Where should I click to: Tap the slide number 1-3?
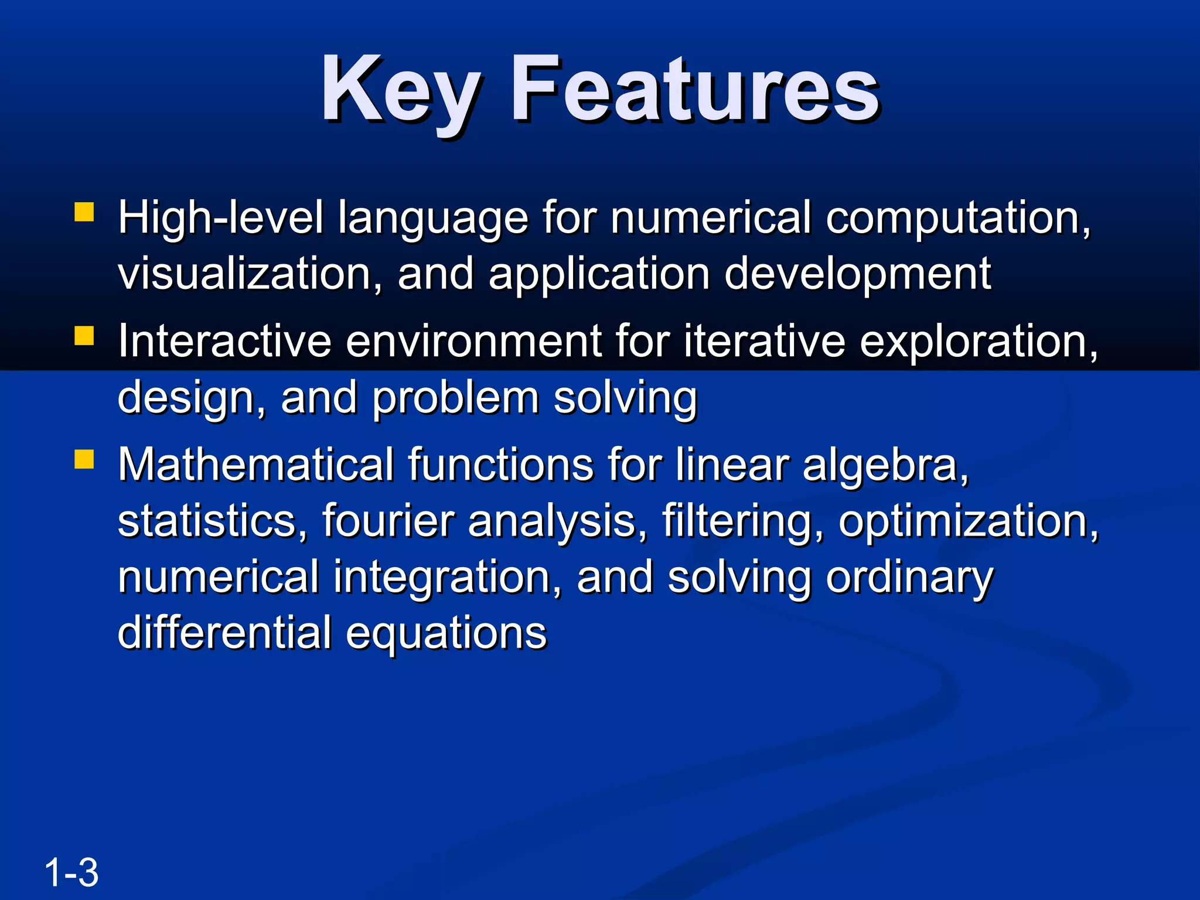point(71,872)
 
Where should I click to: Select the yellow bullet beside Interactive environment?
point(84,336)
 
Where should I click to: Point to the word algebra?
point(885,465)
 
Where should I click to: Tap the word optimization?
point(967,521)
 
